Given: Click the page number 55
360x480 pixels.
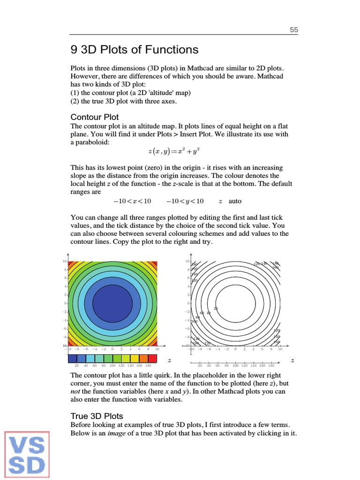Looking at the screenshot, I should point(294,30).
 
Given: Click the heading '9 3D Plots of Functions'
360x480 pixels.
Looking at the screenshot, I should point(134,50).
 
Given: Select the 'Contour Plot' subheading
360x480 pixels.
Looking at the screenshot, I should point(94,117).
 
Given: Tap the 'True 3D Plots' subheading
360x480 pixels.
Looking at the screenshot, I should point(97,416).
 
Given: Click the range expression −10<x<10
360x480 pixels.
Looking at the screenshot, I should point(132,201).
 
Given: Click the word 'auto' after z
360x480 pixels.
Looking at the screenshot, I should point(235,201).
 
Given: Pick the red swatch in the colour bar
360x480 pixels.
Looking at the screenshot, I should point(153,359).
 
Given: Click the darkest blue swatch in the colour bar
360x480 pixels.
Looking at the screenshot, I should point(73,359).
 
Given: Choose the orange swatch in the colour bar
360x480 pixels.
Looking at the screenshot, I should point(144,359).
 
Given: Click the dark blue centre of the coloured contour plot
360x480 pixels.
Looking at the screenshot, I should point(112,303).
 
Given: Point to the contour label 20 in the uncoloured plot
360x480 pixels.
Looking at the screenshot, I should point(216,308).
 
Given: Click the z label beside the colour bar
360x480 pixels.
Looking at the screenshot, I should point(169,360).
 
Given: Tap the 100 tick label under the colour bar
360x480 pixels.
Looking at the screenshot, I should point(112,365).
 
